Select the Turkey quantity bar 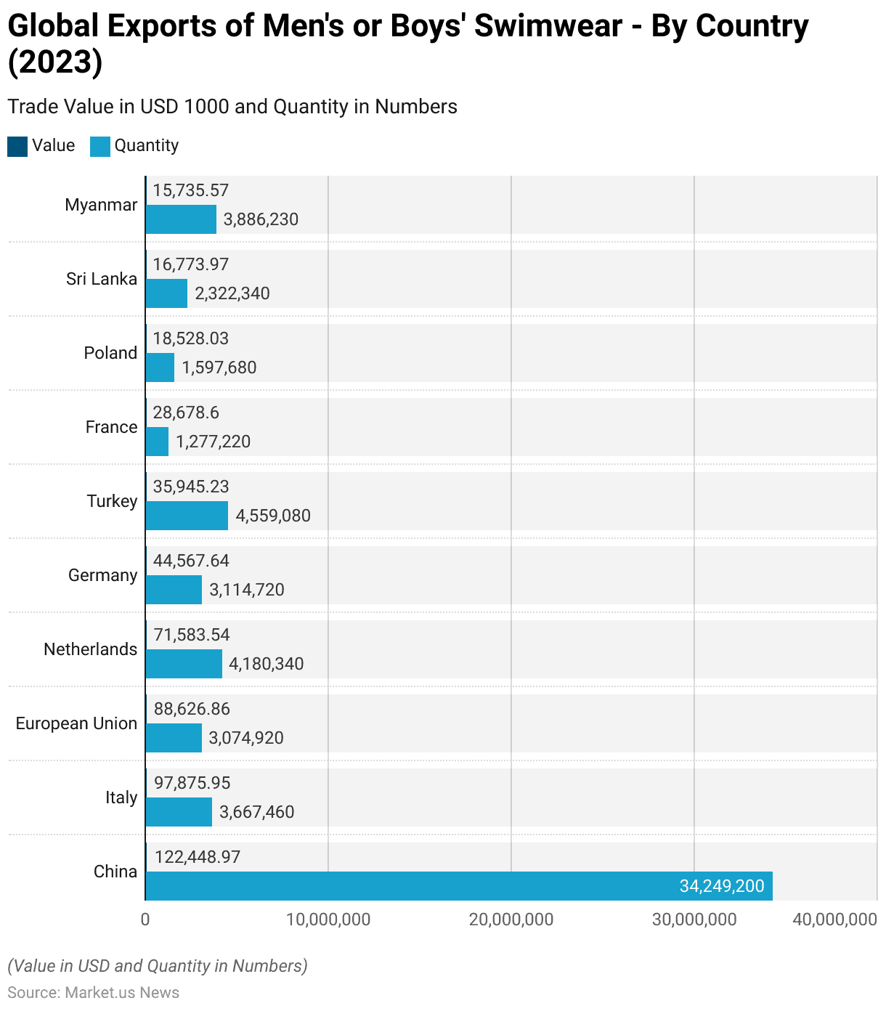pos(187,516)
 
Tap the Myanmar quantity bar pos(181,219)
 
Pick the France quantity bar pos(157,442)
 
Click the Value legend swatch pos(17,146)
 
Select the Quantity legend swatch pos(100,146)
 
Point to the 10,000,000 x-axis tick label pos(328,919)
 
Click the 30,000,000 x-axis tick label pos(694,919)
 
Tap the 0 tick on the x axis pos(145,919)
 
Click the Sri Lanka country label pos(102,279)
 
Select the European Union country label pos(76,723)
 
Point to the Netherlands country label pos(90,649)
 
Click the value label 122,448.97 pos(197,857)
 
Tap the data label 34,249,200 pos(722,886)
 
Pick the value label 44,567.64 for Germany pos(191,561)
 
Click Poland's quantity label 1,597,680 pos(219,368)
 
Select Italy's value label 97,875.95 pos(192,783)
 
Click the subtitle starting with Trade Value pos(232,107)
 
